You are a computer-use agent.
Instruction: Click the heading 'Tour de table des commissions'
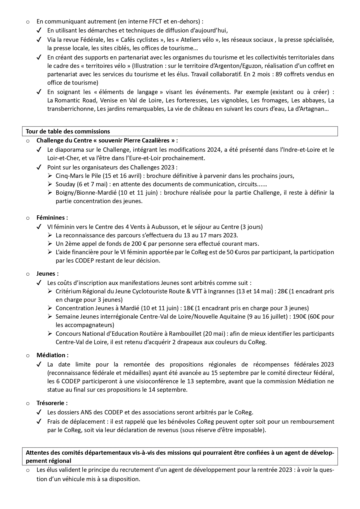pos(68,131)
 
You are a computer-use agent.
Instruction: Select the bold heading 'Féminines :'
pos(52,217)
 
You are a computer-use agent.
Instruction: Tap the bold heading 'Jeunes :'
pos(48,273)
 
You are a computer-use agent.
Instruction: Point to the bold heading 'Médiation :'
pos(53,355)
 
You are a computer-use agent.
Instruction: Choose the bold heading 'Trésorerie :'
pos(52,403)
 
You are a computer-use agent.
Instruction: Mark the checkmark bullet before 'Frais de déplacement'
pos(39,421)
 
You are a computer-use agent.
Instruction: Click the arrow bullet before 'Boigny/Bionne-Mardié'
pos(50,193)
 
